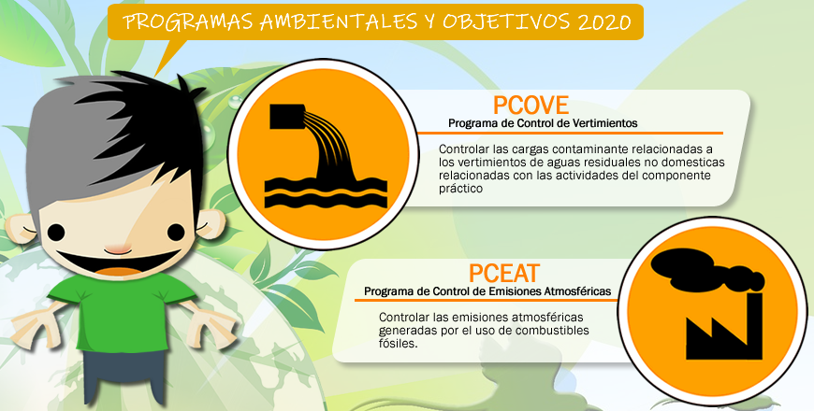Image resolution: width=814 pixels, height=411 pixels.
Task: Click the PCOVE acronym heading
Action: [531, 106]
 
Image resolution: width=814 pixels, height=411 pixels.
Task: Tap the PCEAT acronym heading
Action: [504, 274]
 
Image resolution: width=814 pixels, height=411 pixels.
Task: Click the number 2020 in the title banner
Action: [603, 21]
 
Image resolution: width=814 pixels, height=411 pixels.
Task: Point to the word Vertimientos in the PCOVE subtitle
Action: [604, 123]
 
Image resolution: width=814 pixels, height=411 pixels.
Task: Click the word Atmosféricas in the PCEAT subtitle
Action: [577, 291]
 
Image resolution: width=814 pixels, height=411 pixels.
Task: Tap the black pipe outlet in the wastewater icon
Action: [287, 117]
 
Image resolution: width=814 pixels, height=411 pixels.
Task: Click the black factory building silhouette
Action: [724, 328]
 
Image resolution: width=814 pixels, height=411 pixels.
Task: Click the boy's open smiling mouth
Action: [117, 262]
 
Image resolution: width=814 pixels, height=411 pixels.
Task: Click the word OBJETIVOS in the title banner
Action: [505, 21]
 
